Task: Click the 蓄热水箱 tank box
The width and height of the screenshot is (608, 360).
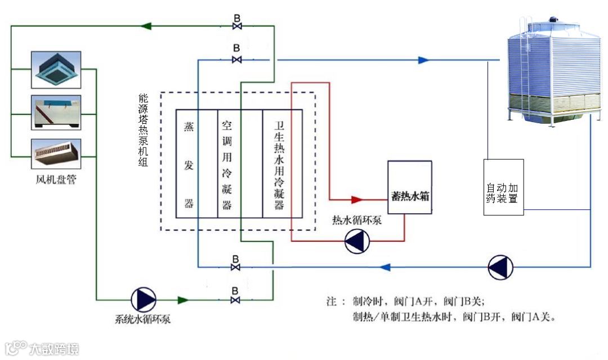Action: pyautogui.click(x=410, y=187)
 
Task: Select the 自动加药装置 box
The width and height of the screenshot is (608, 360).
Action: pyautogui.click(x=503, y=187)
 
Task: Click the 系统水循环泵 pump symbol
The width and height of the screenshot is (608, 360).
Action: pyautogui.click(x=143, y=299)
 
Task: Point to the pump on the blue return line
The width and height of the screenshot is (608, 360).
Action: pyautogui.click(x=500, y=267)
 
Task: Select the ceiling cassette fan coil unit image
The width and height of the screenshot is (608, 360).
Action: pyautogui.click(x=56, y=69)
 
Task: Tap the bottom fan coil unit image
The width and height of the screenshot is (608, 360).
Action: pyautogui.click(x=56, y=154)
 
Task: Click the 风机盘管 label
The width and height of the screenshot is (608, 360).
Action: pyautogui.click(x=56, y=181)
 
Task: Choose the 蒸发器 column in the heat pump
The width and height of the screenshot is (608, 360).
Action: pyautogui.click(x=189, y=164)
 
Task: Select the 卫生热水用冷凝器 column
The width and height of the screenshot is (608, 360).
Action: pyautogui.click(x=279, y=164)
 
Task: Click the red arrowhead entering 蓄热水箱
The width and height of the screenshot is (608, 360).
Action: pyautogui.click(x=356, y=199)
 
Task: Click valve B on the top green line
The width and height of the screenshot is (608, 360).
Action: pyautogui.click(x=237, y=26)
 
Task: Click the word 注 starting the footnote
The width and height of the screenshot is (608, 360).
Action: pyautogui.click(x=332, y=300)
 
